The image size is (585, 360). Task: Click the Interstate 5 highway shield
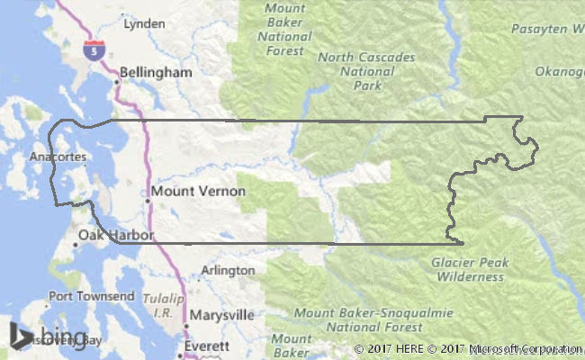(x=92, y=50)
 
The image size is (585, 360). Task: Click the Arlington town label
(x=228, y=270)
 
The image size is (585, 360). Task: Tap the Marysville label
(x=222, y=315)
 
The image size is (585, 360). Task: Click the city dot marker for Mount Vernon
(x=148, y=201)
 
